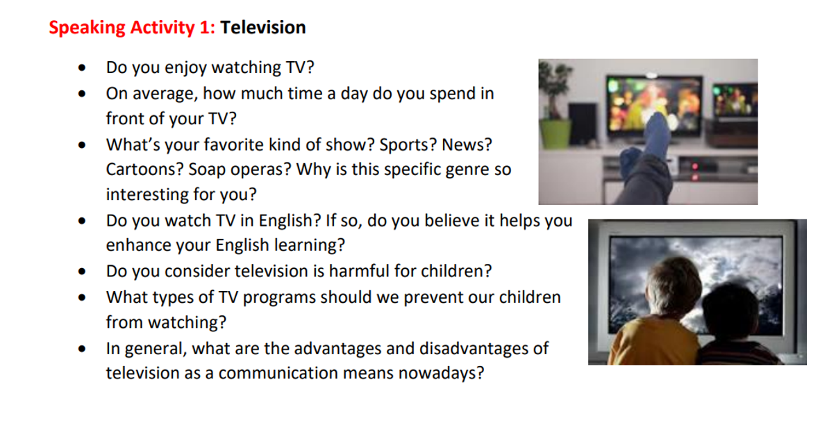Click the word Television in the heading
262,28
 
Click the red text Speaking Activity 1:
132,28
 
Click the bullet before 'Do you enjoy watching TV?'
82,68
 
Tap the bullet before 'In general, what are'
82,349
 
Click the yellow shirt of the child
654,341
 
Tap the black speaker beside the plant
582,124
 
